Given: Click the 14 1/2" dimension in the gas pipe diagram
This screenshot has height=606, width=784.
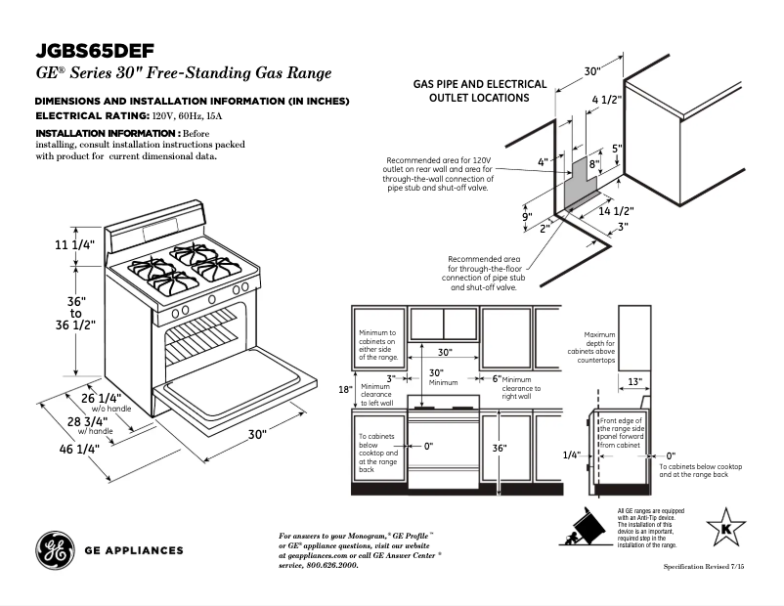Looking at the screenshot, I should coord(617,211).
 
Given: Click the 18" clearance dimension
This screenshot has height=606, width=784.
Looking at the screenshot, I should coord(345,389).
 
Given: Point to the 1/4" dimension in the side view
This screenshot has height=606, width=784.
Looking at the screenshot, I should coord(572,455).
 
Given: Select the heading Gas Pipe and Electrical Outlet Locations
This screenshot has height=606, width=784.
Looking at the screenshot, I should coord(479,91).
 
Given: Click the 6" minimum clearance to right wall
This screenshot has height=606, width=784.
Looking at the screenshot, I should coord(497,378).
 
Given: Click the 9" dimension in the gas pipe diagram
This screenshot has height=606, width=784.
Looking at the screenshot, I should coord(526,217).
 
